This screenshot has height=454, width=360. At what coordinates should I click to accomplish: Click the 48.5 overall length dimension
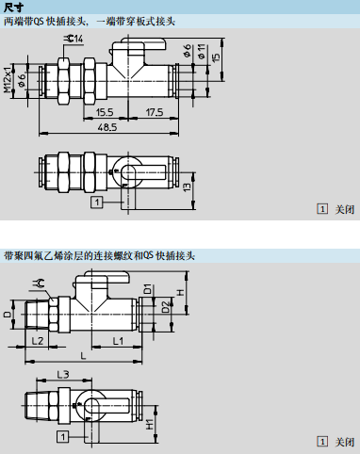click(x=107, y=127)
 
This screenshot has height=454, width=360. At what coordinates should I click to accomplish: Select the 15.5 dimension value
click(x=105, y=112)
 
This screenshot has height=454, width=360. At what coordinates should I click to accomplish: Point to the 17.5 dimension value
click(x=155, y=112)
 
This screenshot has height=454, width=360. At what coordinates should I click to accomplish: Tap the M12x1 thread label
click(x=8, y=80)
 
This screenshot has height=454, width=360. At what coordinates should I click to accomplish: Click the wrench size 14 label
click(x=74, y=39)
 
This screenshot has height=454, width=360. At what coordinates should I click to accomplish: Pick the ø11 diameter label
click(x=202, y=52)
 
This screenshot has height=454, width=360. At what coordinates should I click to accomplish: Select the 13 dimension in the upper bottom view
click(x=187, y=187)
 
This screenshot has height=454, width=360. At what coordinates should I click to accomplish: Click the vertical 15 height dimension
click(x=216, y=57)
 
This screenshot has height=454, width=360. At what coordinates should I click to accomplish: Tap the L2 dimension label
click(x=38, y=341)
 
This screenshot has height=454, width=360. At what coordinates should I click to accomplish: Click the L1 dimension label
click(x=118, y=341)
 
